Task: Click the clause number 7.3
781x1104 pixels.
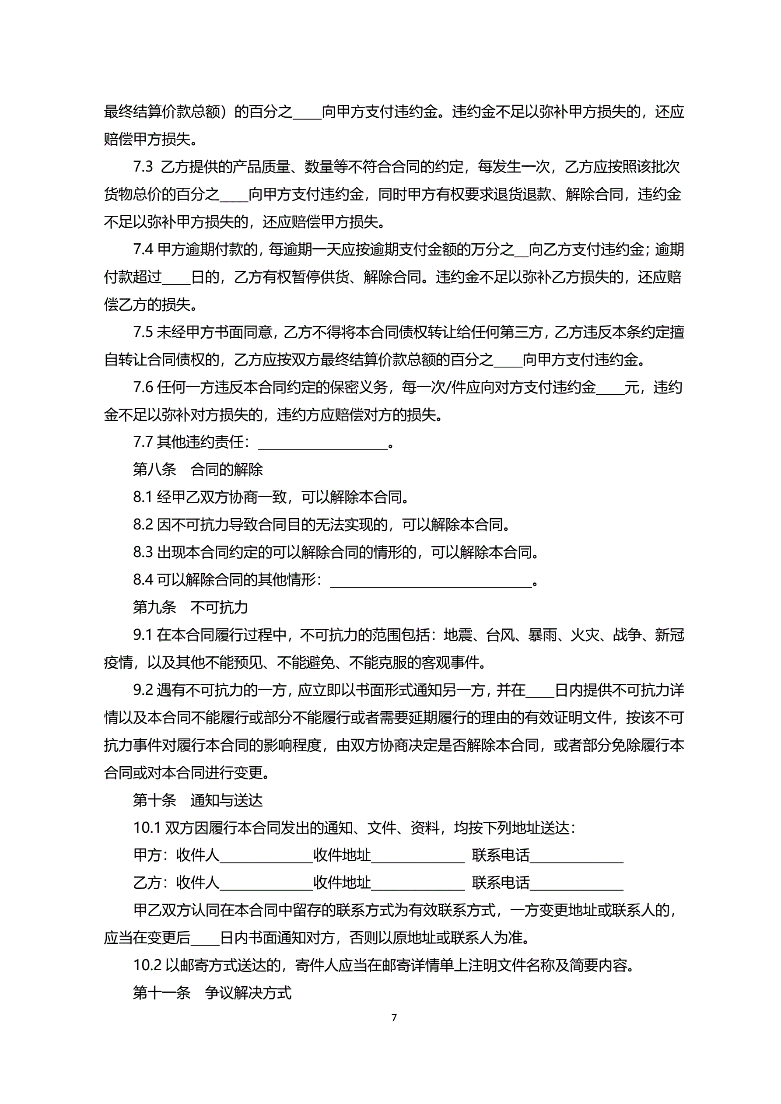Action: coord(143,167)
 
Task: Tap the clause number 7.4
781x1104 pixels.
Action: coord(143,249)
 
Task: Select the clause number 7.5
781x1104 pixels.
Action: coord(143,332)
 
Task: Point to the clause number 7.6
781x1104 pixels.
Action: coord(143,387)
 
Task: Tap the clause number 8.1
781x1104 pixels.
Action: coord(143,497)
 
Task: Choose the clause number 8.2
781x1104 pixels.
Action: coord(143,525)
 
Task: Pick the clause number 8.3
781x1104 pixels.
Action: coord(143,552)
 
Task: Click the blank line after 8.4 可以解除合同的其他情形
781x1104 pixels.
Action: coord(431,582)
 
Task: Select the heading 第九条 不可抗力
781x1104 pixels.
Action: coord(190,607)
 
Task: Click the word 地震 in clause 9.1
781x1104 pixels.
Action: coord(457,635)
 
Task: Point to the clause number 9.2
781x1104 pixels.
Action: coord(143,690)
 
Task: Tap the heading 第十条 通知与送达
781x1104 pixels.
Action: coord(198,801)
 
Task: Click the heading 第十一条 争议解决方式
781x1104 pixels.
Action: coord(212,993)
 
